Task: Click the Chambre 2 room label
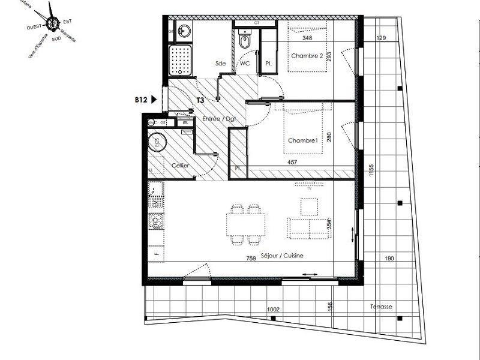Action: click(307, 56)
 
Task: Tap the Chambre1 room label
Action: click(302, 140)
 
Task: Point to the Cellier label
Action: click(181, 165)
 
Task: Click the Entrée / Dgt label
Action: click(219, 119)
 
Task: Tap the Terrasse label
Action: click(381, 307)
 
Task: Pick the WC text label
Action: click(245, 63)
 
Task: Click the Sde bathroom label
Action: click(221, 63)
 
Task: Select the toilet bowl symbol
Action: click(244, 41)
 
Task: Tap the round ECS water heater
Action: click(158, 142)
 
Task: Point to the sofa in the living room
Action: click(307, 227)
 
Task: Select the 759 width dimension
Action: click(251, 259)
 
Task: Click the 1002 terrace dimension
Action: click(274, 310)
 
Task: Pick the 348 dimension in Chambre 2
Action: click(308, 38)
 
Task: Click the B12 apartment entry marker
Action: click(142, 100)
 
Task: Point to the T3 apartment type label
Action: click(201, 100)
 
